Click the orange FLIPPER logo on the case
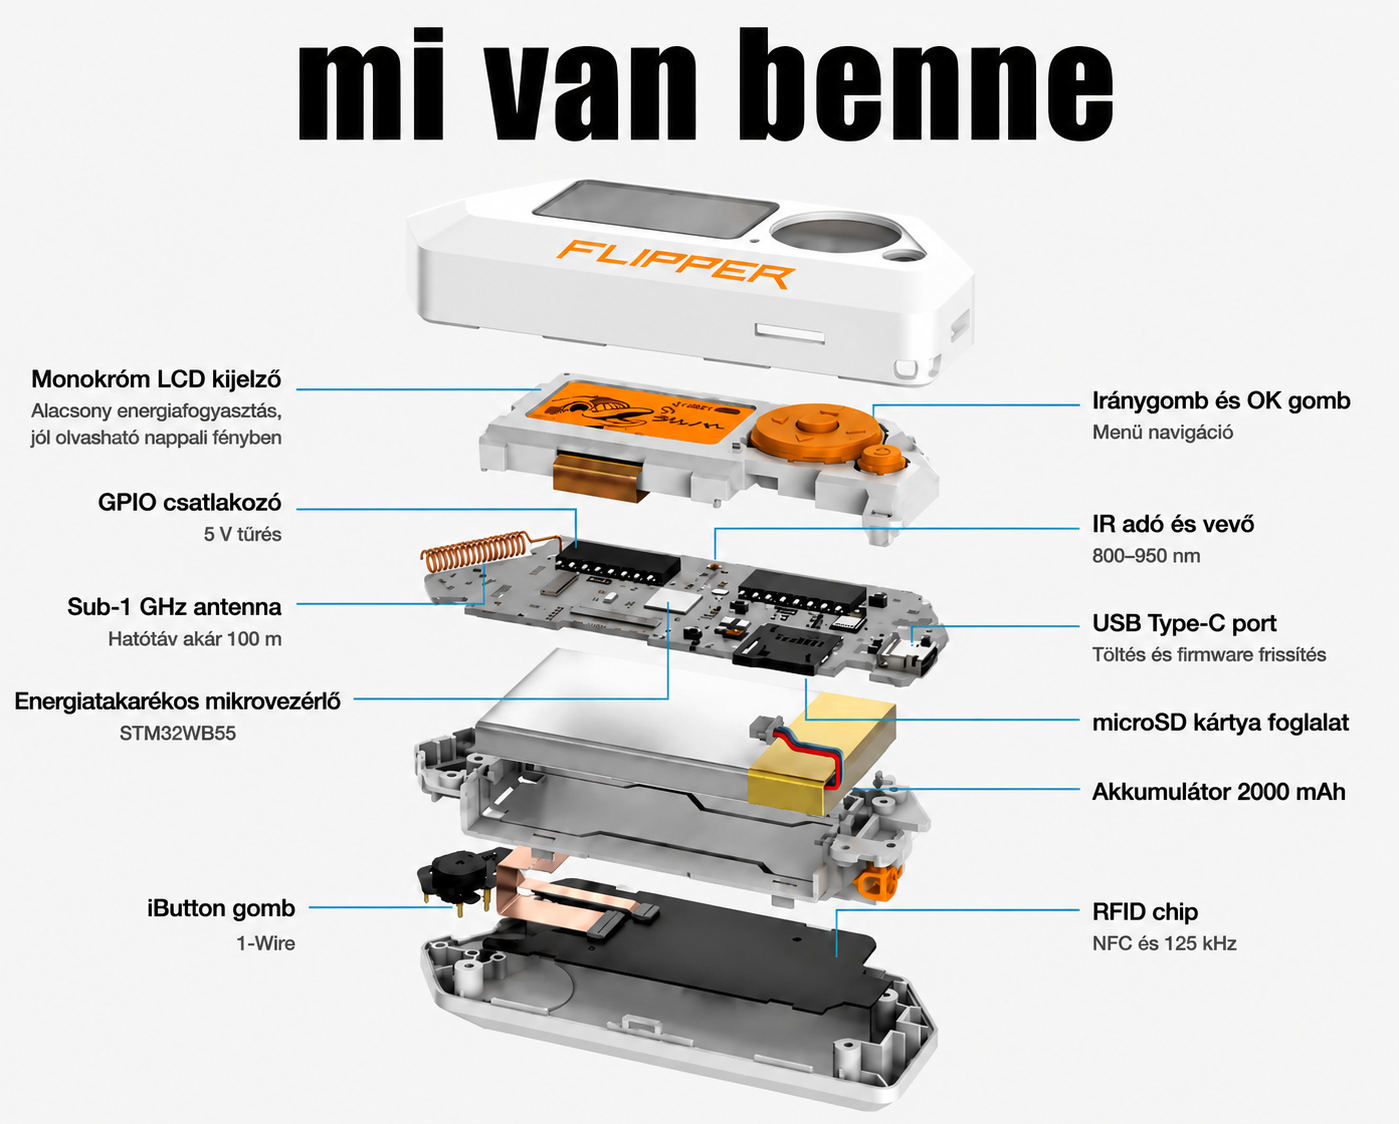coord(676,264)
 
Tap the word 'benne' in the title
coord(935,85)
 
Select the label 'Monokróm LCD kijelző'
coord(156,379)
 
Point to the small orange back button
coord(882,457)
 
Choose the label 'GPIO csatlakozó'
coord(190,503)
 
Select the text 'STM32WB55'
coord(177,733)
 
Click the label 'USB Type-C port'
coord(1184,623)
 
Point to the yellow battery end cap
coord(822,754)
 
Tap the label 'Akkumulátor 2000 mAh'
coord(1218,792)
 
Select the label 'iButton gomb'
coord(221,908)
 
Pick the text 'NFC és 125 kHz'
coord(1164,943)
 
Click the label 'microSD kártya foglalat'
coord(1220,723)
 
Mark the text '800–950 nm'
coord(1146,556)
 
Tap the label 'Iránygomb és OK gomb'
coord(1221,401)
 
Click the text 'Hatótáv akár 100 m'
coord(195,639)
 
